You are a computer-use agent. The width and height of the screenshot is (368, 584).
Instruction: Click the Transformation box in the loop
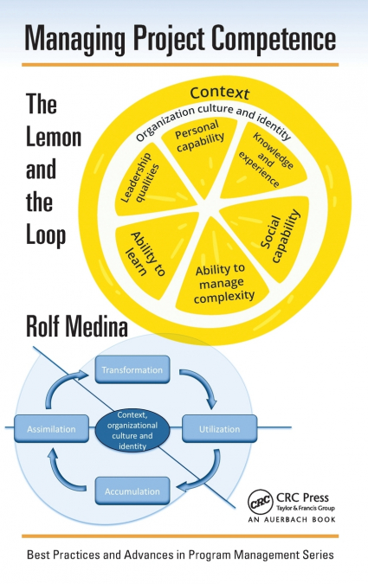tap(132, 370)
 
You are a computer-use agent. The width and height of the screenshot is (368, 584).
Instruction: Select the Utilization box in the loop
tap(218, 427)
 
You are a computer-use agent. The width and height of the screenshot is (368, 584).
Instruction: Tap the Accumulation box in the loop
tap(132, 491)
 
